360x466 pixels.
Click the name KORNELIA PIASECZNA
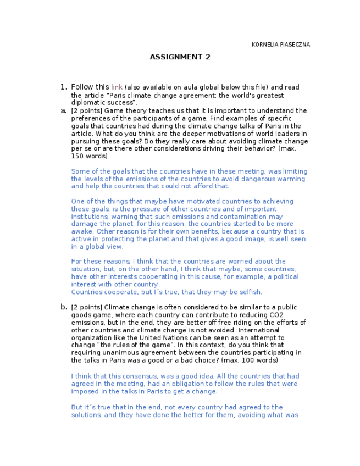[x=280, y=45]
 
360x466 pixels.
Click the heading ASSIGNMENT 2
[x=180, y=57]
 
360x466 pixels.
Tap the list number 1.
[x=63, y=87]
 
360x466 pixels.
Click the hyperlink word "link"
[x=117, y=87]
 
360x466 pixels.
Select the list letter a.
[x=63, y=110]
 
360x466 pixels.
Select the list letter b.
[x=63, y=307]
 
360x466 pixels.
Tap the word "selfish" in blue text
[x=250, y=292]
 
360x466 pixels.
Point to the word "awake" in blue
[x=81, y=232]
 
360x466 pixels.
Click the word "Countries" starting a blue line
[x=87, y=292]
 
